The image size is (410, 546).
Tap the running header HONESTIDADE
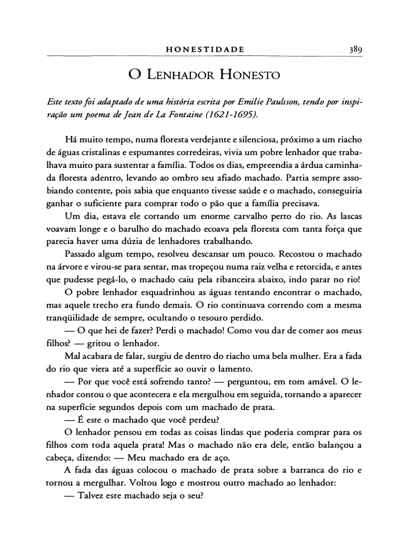[205, 50]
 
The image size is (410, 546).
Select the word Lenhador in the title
[182, 74]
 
